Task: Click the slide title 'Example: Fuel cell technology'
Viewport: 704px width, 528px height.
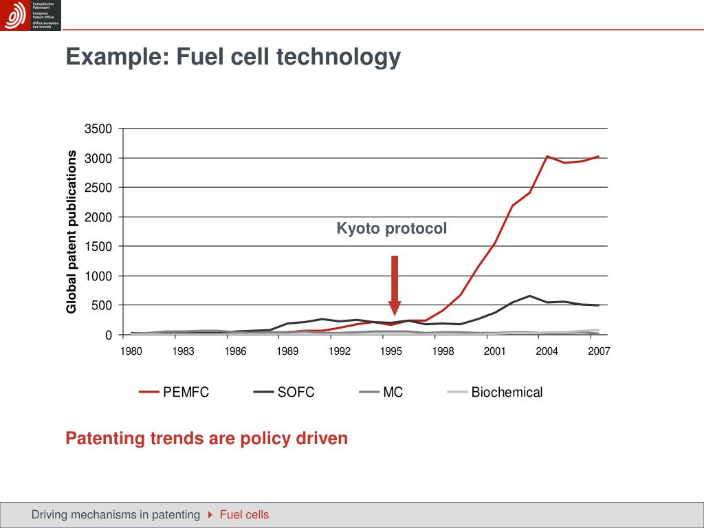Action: [x=232, y=57]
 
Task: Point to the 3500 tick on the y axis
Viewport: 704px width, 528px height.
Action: [x=98, y=129]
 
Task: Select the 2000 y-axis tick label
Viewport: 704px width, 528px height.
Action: [x=98, y=217]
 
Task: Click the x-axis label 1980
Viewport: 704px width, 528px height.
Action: [x=131, y=351]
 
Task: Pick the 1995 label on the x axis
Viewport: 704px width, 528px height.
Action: [x=391, y=351]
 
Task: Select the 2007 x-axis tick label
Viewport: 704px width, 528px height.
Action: [x=599, y=351]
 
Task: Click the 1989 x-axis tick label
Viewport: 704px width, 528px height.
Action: [x=287, y=351]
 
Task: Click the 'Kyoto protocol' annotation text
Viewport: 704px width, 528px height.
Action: [x=391, y=228]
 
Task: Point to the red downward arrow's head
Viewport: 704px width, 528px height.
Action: [x=395, y=309]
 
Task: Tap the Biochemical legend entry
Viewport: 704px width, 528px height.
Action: [x=495, y=393]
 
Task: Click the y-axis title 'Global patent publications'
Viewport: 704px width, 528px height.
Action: [x=71, y=232]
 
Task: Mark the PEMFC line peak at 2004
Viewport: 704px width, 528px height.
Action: [x=547, y=157]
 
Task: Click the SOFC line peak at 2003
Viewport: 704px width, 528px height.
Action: [x=529, y=296]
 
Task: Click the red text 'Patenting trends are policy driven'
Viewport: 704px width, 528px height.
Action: [x=207, y=438]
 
